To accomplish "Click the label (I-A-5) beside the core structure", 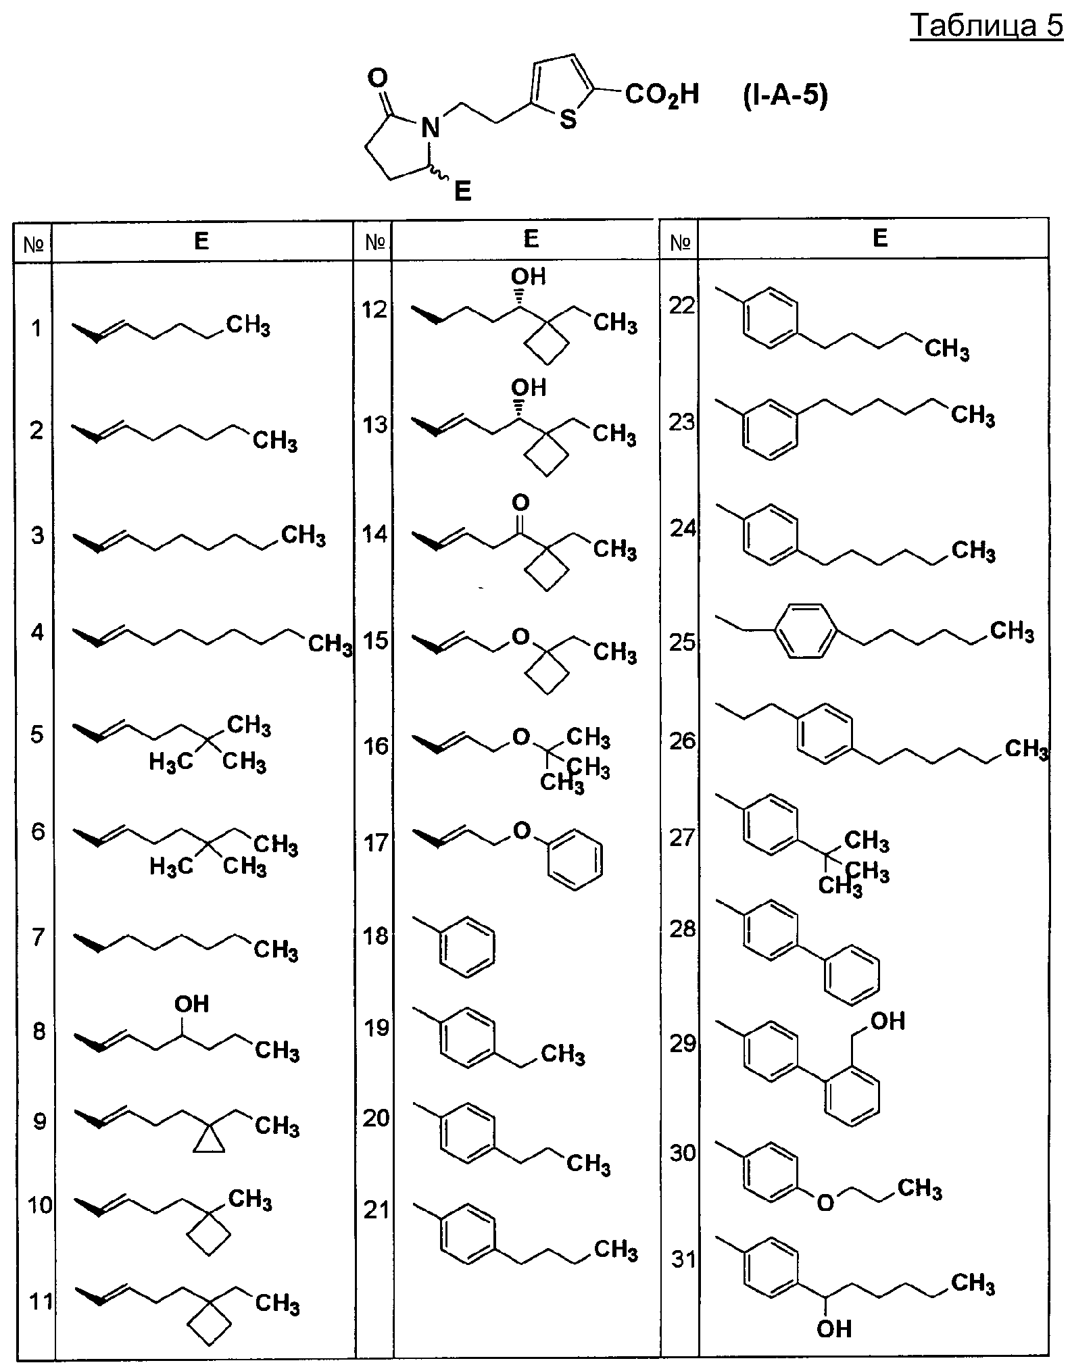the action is [785, 96].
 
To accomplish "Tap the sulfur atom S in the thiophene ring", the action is [568, 120].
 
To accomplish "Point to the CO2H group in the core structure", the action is [662, 95].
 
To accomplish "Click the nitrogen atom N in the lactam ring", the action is [430, 127].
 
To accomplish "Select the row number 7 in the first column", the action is [37, 937].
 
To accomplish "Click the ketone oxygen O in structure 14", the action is [520, 502].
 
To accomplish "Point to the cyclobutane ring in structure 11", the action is [209, 1326].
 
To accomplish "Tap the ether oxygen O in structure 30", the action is [825, 1202].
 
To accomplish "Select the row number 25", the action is [682, 641].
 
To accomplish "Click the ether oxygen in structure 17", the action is [521, 830].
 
